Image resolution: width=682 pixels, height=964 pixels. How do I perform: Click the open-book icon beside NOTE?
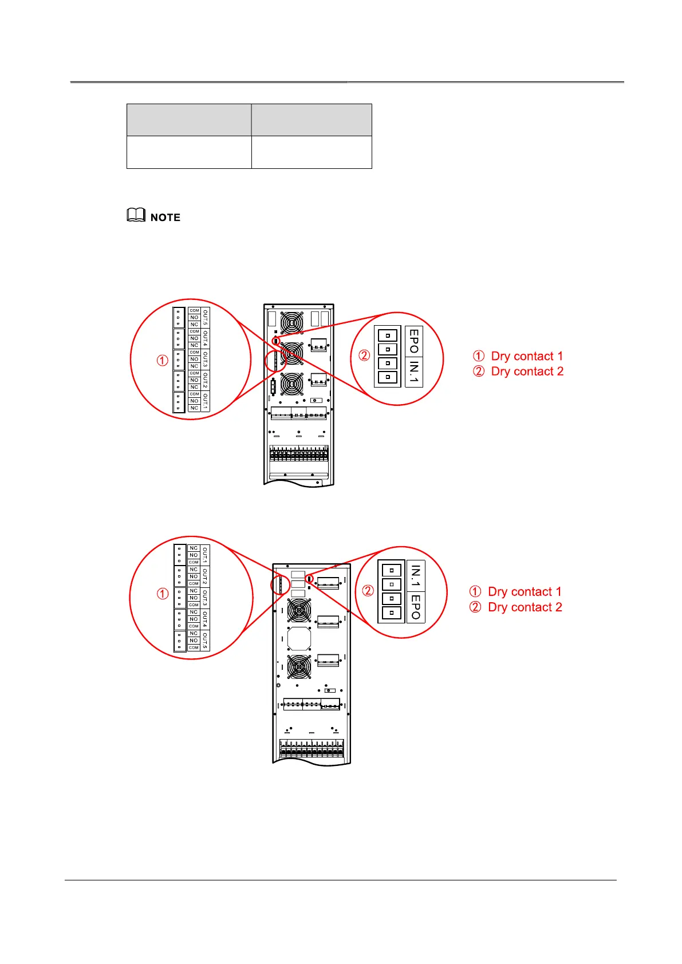136,216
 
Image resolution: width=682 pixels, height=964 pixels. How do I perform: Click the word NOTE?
165,218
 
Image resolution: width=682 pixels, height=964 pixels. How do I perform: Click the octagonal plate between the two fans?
298,638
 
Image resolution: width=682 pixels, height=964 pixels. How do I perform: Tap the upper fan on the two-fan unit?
299,610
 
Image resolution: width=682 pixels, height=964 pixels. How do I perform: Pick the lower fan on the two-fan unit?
299,667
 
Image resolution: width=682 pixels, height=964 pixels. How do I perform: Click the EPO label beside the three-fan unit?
414,341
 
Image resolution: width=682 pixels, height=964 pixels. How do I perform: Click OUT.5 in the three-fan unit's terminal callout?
206,318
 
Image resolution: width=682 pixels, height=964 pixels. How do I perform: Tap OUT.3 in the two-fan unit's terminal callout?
205,598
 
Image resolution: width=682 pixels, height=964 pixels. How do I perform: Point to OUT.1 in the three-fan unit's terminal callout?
206,401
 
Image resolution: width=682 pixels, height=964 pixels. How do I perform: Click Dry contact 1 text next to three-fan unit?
527,356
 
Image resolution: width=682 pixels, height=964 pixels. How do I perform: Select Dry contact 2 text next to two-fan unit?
525,607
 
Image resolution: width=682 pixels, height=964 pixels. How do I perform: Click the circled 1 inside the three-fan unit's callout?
163,360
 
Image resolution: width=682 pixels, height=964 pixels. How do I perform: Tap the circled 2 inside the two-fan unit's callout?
368,591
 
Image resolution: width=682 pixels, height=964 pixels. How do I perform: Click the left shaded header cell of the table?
189,120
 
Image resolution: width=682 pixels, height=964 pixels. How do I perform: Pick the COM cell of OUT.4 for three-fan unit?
194,331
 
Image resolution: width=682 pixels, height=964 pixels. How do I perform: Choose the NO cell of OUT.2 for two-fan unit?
194,576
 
